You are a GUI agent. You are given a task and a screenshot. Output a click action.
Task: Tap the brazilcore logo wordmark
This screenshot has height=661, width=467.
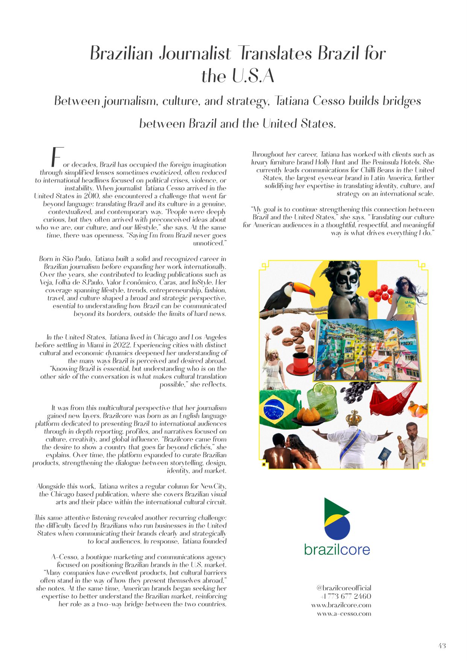[x=337, y=550]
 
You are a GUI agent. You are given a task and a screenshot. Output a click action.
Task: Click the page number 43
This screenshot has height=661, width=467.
[x=442, y=646]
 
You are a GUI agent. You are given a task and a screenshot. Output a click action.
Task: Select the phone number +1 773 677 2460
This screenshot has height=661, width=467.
[x=346, y=596]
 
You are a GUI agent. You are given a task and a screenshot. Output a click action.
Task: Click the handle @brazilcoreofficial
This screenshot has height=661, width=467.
[x=344, y=588]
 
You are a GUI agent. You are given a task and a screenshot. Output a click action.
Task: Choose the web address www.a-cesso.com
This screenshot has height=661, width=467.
[x=344, y=614]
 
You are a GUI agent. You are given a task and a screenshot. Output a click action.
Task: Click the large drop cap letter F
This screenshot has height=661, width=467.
[x=56, y=157]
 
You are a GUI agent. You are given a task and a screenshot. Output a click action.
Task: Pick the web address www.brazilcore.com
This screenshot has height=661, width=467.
[x=341, y=605]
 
